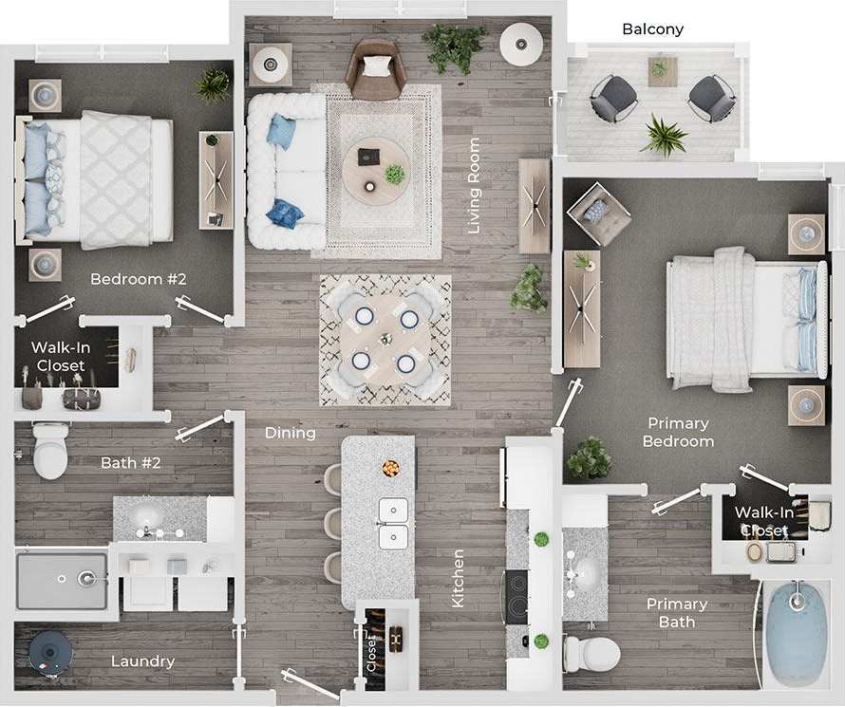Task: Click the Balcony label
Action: [x=652, y=29]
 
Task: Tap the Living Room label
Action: [x=474, y=187]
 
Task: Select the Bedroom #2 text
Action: [x=138, y=279]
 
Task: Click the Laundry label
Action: [x=142, y=661]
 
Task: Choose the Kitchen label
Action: [x=458, y=578]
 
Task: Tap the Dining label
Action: [x=291, y=433]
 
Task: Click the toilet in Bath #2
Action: [x=49, y=452]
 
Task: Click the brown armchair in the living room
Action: [x=375, y=68]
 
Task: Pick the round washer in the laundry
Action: [x=50, y=653]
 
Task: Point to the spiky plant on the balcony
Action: [x=663, y=134]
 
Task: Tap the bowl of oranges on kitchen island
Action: [x=390, y=468]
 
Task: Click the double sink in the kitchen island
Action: [x=393, y=524]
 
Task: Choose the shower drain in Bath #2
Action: [x=86, y=577]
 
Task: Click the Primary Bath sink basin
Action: [x=584, y=572]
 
